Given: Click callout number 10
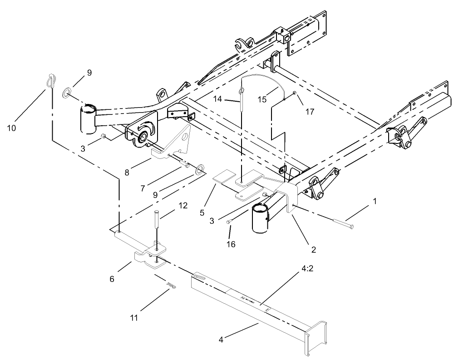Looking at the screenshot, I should tap(12, 128).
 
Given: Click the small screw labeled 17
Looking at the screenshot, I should tap(295, 94).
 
